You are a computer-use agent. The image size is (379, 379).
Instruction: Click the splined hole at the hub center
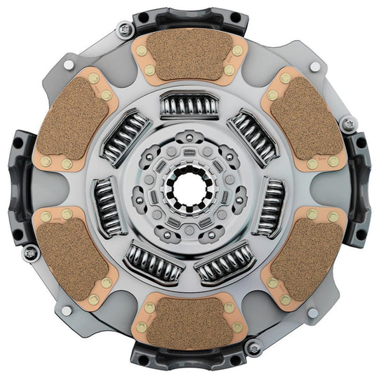click(x=189, y=189)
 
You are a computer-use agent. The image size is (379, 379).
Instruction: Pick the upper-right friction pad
click(x=303, y=120)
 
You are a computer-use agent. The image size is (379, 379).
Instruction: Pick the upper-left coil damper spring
click(x=126, y=134)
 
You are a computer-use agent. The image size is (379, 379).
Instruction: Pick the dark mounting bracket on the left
click(x=18, y=186)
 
